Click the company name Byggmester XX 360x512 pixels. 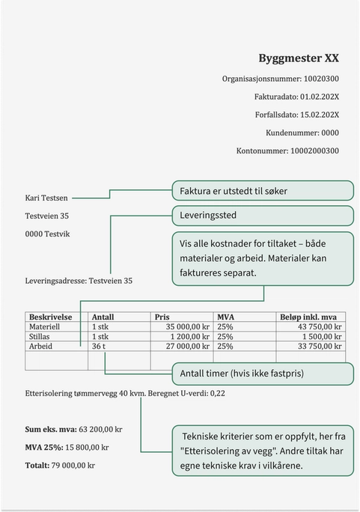point(299,58)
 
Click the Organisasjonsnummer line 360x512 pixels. point(280,78)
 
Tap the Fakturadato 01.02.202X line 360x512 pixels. point(296,97)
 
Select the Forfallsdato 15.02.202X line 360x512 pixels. point(295,115)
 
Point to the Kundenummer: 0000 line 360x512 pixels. point(302,132)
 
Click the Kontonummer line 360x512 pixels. point(287,150)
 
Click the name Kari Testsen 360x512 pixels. point(46,198)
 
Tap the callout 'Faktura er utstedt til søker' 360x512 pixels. point(262,191)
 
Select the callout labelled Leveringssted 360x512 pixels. point(262,216)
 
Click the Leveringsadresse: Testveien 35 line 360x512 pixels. point(79,281)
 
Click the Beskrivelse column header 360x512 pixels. point(50,317)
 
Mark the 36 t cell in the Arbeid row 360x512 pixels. point(99,347)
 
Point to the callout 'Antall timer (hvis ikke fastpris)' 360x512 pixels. point(262,373)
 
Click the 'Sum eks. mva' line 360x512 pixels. point(73,430)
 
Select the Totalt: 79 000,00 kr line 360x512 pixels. point(60,466)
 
